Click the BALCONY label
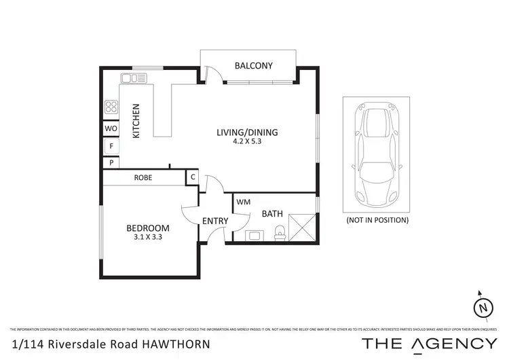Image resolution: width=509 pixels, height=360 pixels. [253, 66]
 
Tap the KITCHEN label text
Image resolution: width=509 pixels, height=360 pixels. [136, 121]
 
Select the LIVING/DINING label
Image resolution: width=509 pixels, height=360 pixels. [247, 132]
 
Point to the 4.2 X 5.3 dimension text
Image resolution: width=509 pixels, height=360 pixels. [247, 142]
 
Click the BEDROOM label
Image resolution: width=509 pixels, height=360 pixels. [147, 228]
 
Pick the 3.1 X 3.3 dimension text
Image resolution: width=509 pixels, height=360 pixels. [147, 238]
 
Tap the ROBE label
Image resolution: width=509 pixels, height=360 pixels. [143, 178]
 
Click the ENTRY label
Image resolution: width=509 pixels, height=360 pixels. [215, 221]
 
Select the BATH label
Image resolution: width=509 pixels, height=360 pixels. [272, 214]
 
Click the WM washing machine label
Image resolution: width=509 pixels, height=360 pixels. [244, 202]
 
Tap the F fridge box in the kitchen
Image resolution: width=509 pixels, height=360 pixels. [111, 146]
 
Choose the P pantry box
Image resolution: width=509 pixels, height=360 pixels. [111, 163]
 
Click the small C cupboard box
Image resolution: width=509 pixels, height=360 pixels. [193, 178]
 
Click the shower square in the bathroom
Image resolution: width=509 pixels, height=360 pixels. [302, 227]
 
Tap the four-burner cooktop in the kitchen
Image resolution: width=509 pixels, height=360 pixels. [111, 107]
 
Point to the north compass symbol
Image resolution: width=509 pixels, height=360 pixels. [483, 307]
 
